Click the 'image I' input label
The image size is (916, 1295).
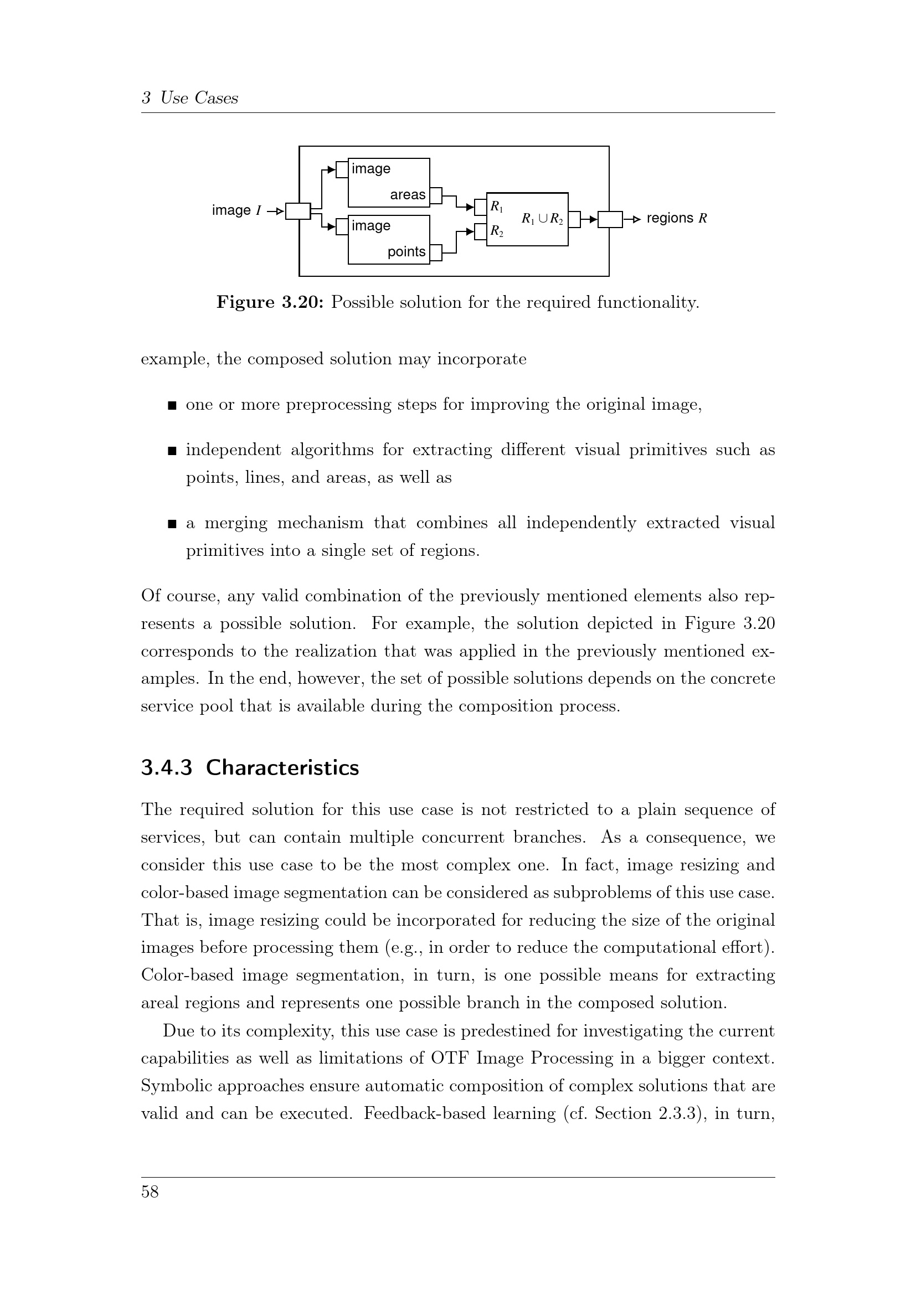pyautogui.click(x=236, y=210)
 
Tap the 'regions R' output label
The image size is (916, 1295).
pyautogui.click(x=676, y=218)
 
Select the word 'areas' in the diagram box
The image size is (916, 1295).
pyautogui.click(x=407, y=195)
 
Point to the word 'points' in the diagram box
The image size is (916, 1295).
pyautogui.click(x=406, y=252)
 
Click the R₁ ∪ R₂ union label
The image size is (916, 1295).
pyautogui.click(x=542, y=219)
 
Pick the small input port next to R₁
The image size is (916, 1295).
pyautogui.click(x=481, y=208)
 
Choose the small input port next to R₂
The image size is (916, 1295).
pyautogui.click(x=481, y=232)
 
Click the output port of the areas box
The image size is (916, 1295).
pyautogui.click(x=436, y=195)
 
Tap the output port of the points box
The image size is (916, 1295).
pyautogui.click(x=436, y=252)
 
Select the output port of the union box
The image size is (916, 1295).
pyautogui.click(x=574, y=219)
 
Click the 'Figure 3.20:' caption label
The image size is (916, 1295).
pyautogui.click(x=270, y=303)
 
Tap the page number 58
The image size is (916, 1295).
pyautogui.click(x=150, y=1191)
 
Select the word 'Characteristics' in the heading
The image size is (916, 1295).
pyautogui.click(x=282, y=768)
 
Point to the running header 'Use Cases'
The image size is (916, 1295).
pyautogui.click(x=199, y=98)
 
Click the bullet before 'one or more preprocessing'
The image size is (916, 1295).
pyautogui.click(x=173, y=405)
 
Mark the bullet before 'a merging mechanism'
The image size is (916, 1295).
pyautogui.click(x=173, y=524)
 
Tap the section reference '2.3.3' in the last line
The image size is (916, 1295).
pyautogui.click(x=682, y=1113)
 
